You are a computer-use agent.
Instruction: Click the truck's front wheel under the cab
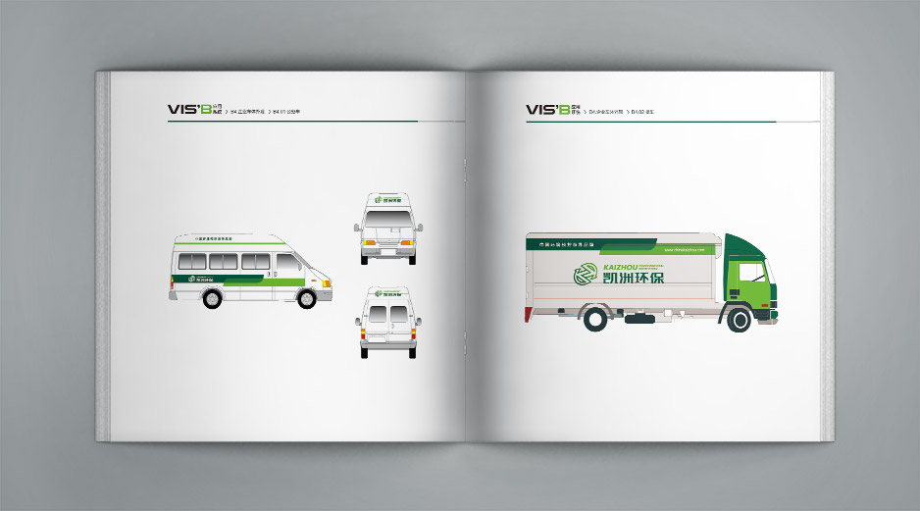pos(740,318)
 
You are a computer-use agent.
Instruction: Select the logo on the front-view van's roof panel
pos(388,202)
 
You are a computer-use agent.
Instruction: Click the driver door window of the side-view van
pos(285,262)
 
